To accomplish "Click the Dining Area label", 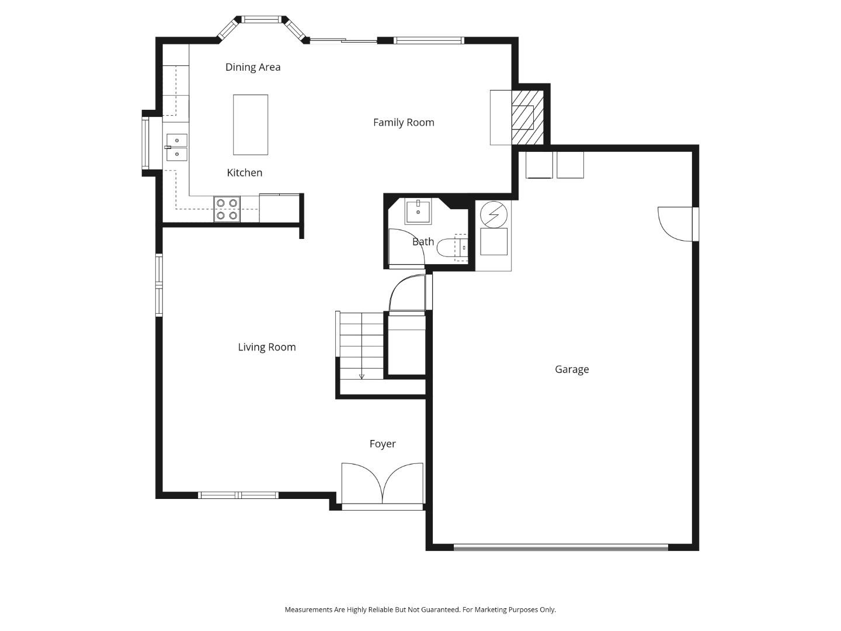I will click(x=253, y=67).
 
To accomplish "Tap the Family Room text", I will click(x=404, y=123).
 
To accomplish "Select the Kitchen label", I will click(x=244, y=173).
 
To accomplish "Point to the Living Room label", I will click(x=267, y=347).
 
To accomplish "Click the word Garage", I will click(x=572, y=369).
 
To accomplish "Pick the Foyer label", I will click(x=383, y=444).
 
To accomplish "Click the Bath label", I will click(x=423, y=242).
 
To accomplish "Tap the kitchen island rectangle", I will click(x=251, y=125).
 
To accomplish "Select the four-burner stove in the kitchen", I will click(x=227, y=209).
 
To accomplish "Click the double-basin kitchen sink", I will click(x=176, y=147).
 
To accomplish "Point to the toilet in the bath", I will click(x=453, y=248).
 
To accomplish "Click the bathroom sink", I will click(x=418, y=212).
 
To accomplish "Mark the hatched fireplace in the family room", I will click(x=527, y=117).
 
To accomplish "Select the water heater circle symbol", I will click(x=494, y=215).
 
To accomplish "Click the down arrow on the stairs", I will click(x=362, y=376).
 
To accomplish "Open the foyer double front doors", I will click(x=383, y=484).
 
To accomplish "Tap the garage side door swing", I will click(x=676, y=224).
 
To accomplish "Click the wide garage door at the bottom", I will click(x=561, y=547).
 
